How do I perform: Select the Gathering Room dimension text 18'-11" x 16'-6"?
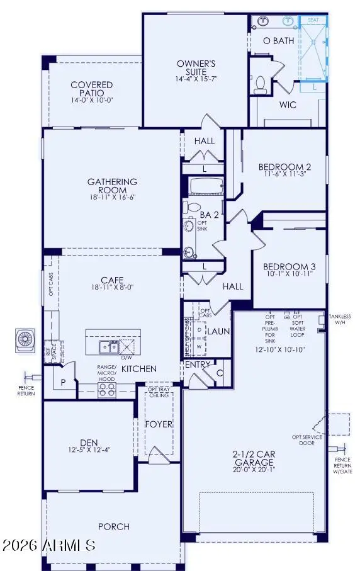click(x=112, y=198)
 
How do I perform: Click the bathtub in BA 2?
click(x=204, y=186)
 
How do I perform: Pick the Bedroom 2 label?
click(x=285, y=167)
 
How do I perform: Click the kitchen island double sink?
click(x=106, y=347)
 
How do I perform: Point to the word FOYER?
click(x=159, y=424)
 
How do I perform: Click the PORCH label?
click(x=113, y=526)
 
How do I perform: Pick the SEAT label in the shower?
click(x=312, y=20)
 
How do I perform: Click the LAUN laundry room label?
click(x=218, y=331)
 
